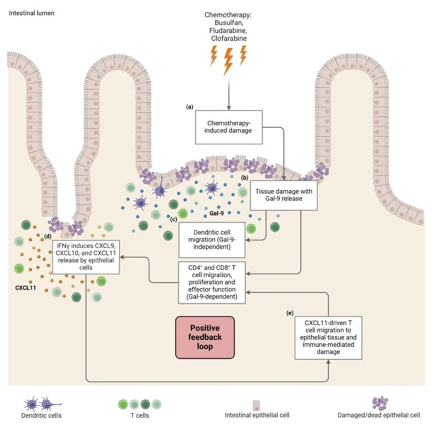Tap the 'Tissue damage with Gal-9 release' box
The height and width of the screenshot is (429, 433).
[284, 195]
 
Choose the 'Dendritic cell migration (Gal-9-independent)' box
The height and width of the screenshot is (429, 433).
[212, 240]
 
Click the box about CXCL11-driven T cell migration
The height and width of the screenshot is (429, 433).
[328, 338]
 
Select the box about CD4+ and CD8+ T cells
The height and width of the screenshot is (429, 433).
[212, 282]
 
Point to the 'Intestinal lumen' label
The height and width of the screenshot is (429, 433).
[32, 13]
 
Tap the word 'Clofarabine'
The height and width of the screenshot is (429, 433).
[229, 38]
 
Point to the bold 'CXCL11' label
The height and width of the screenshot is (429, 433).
[25, 288]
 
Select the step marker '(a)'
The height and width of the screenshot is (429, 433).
[190, 107]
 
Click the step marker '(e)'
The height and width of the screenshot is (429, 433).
[290, 313]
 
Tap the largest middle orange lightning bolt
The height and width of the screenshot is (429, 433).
[228, 61]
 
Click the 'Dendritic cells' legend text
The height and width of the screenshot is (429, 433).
[41, 416]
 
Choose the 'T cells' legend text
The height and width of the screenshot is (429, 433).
[138, 416]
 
